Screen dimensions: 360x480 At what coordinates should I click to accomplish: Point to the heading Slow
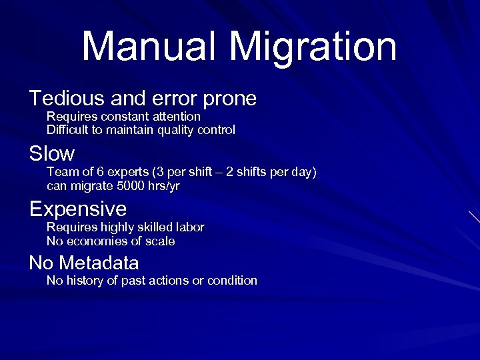[52, 154]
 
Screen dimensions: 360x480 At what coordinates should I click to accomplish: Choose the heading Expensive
[78, 209]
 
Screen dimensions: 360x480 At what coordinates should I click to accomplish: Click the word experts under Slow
[111, 173]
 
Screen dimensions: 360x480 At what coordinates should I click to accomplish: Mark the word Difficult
[68, 130]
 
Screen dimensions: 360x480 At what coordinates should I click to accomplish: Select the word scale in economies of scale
[161, 241]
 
